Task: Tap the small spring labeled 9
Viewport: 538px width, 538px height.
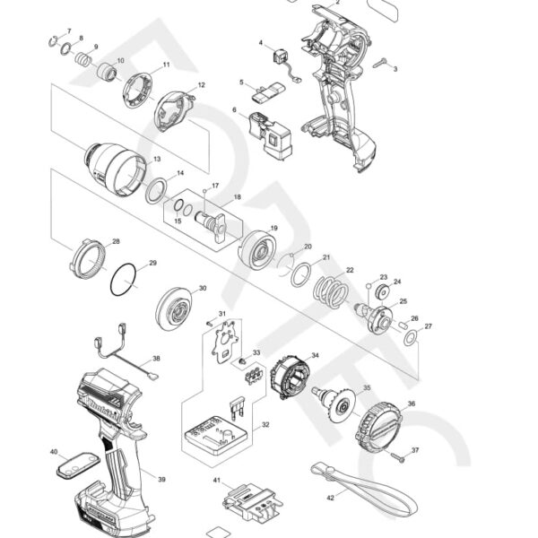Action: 82,61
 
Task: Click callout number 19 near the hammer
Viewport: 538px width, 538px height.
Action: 273,229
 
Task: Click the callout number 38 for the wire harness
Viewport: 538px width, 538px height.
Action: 156,359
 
